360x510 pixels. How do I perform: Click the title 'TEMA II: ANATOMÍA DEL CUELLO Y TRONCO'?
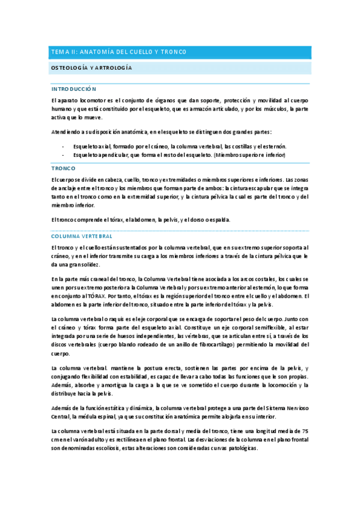coord(118,52)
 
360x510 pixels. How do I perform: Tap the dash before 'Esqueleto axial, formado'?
coord(63,146)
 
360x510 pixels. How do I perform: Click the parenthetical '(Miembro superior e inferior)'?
coord(249,155)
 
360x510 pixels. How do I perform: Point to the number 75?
coord(305,431)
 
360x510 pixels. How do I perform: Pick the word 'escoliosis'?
coord(100,449)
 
